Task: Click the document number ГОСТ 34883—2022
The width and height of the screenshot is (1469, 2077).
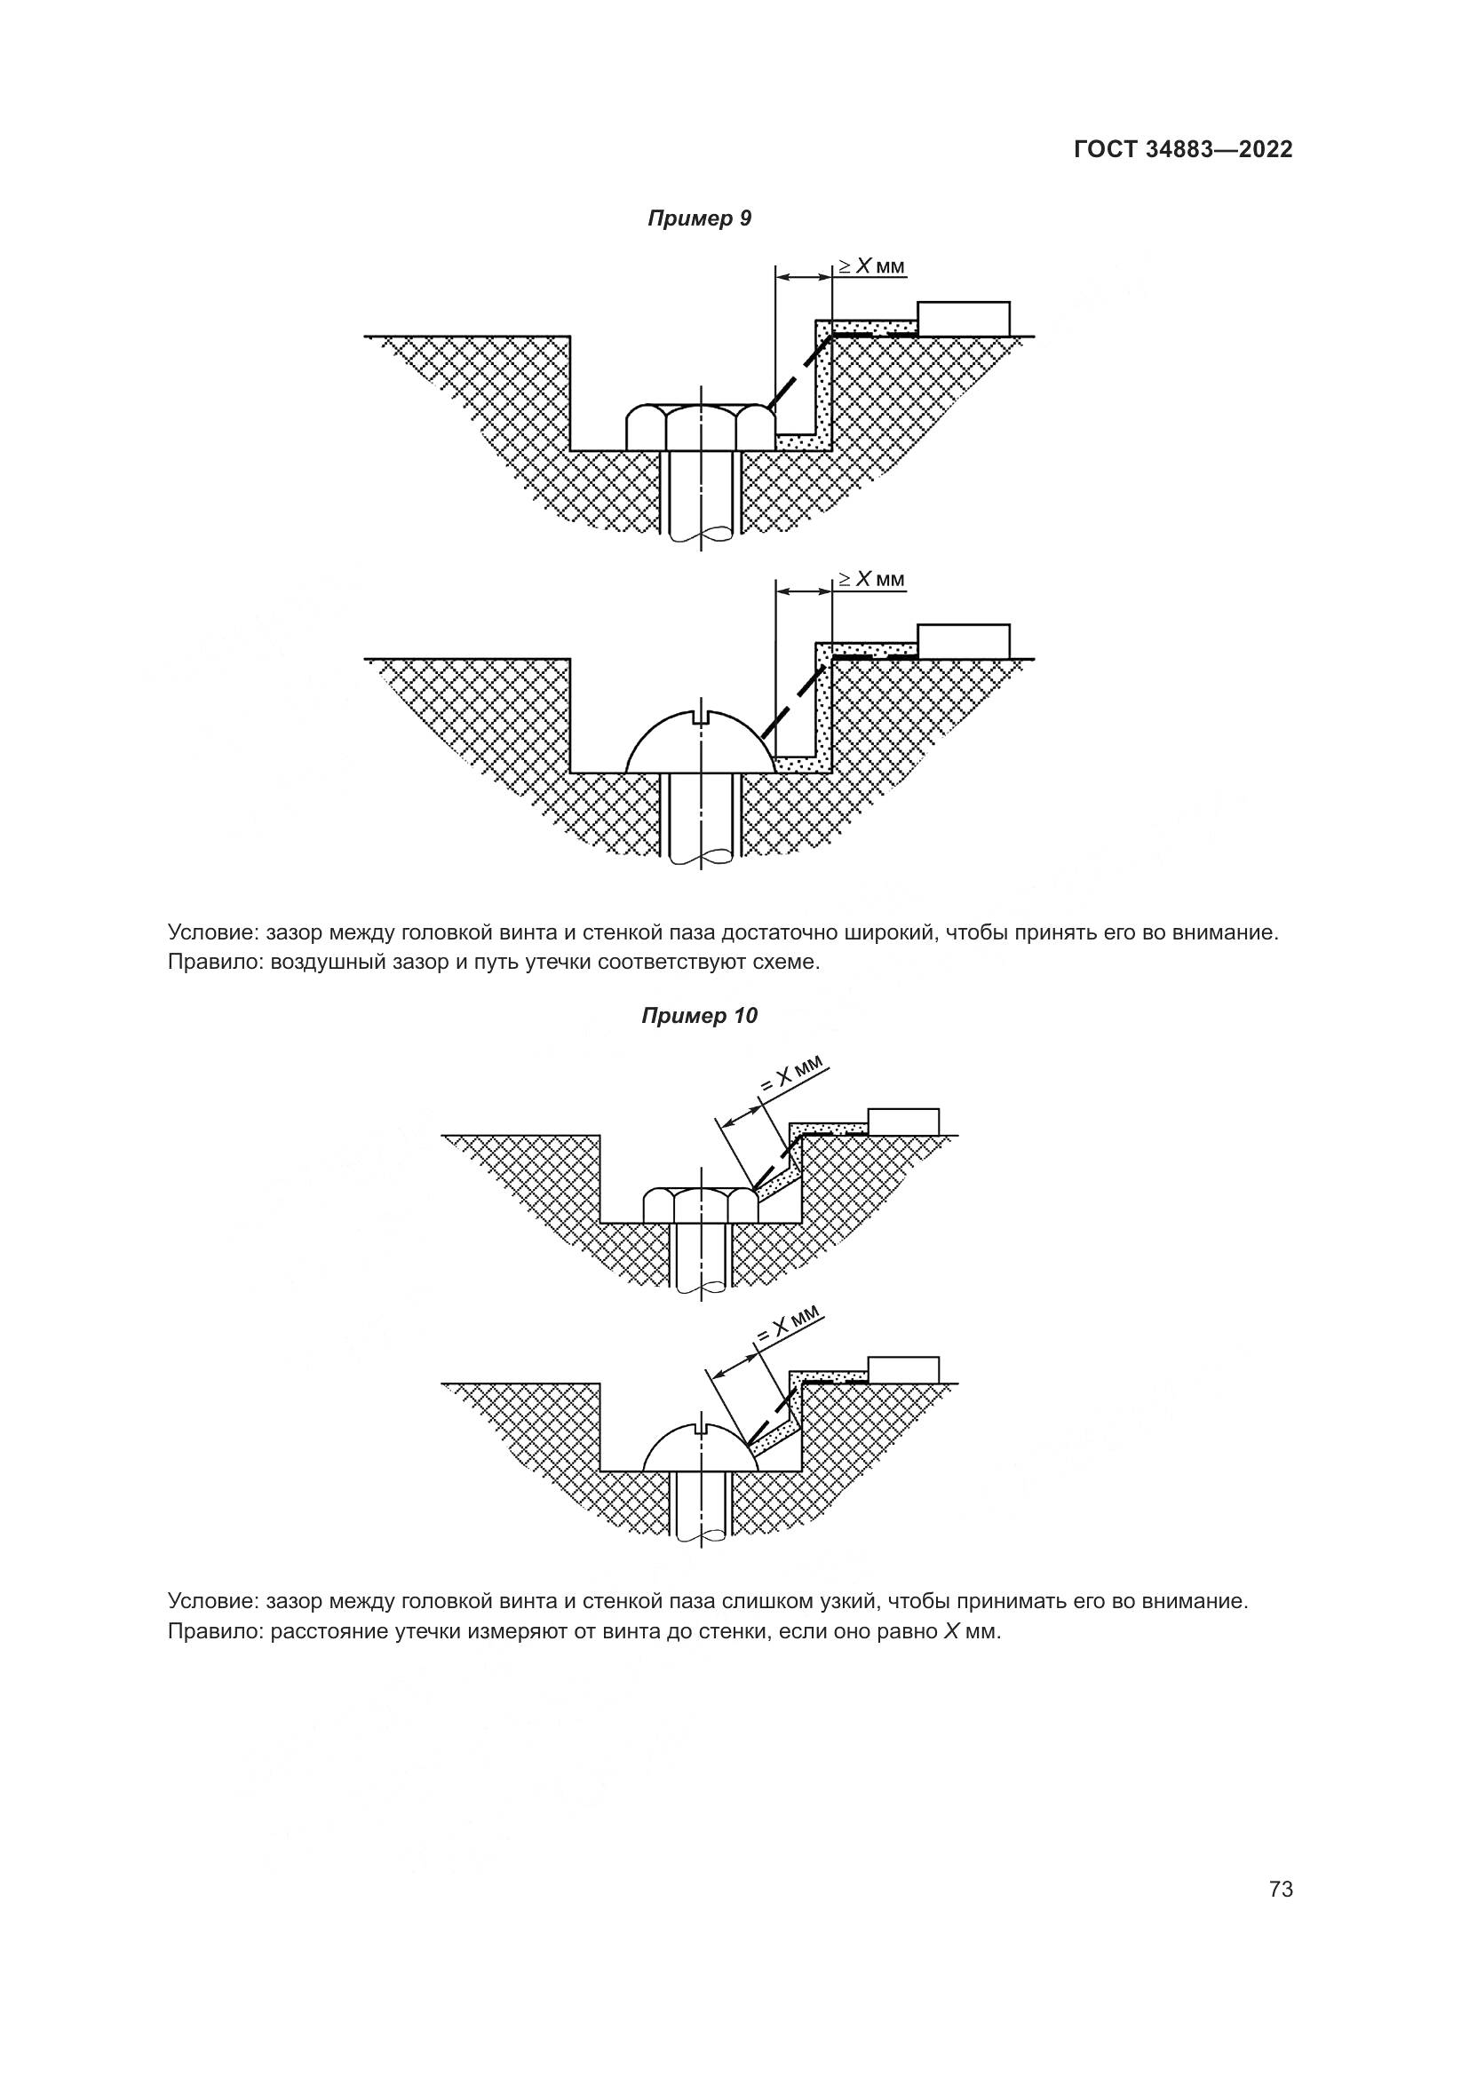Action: pyautogui.click(x=1182, y=149)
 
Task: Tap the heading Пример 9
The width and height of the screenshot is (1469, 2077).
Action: pyautogui.click(x=699, y=218)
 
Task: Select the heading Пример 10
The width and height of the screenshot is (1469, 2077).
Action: pyautogui.click(x=699, y=1016)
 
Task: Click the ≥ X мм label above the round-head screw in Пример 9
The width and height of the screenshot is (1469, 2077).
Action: pyautogui.click(x=870, y=579)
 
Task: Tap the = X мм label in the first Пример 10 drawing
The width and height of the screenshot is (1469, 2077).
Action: pyautogui.click(x=790, y=1077)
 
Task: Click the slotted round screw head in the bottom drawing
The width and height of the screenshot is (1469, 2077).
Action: pyautogui.click(x=700, y=1448)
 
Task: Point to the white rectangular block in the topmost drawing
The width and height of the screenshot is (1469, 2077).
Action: pyautogui.click(x=964, y=319)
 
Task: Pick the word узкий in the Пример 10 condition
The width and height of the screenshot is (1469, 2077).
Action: pyautogui.click(x=846, y=1602)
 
